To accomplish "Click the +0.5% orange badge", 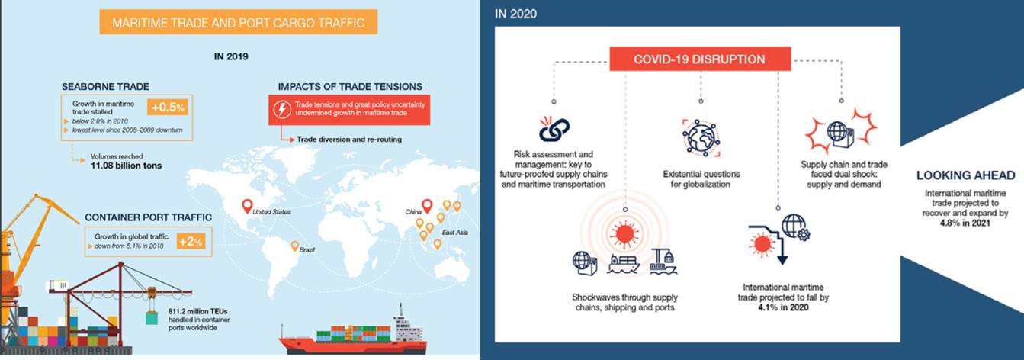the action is [168, 107].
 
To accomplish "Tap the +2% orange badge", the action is [191, 241].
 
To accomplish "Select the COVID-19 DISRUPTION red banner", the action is [700, 59].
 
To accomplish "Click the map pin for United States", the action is [247, 206].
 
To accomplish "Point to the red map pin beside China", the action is [427, 206].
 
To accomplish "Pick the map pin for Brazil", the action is [295, 246].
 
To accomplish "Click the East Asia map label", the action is [455, 233].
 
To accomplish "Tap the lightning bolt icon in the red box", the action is [282, 109].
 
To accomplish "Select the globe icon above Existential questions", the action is [701, 137].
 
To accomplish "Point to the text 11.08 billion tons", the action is [126, 166].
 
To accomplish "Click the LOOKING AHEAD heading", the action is [965, 175].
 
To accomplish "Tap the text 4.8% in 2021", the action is [965, 223].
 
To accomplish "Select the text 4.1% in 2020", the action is [783, 307].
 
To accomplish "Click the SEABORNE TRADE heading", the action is [105, 87].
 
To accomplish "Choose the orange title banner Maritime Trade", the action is [239, 22].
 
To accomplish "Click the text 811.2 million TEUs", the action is [198, 311].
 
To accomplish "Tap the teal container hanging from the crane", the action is [151, 317].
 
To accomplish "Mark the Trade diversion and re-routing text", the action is [349, 139].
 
